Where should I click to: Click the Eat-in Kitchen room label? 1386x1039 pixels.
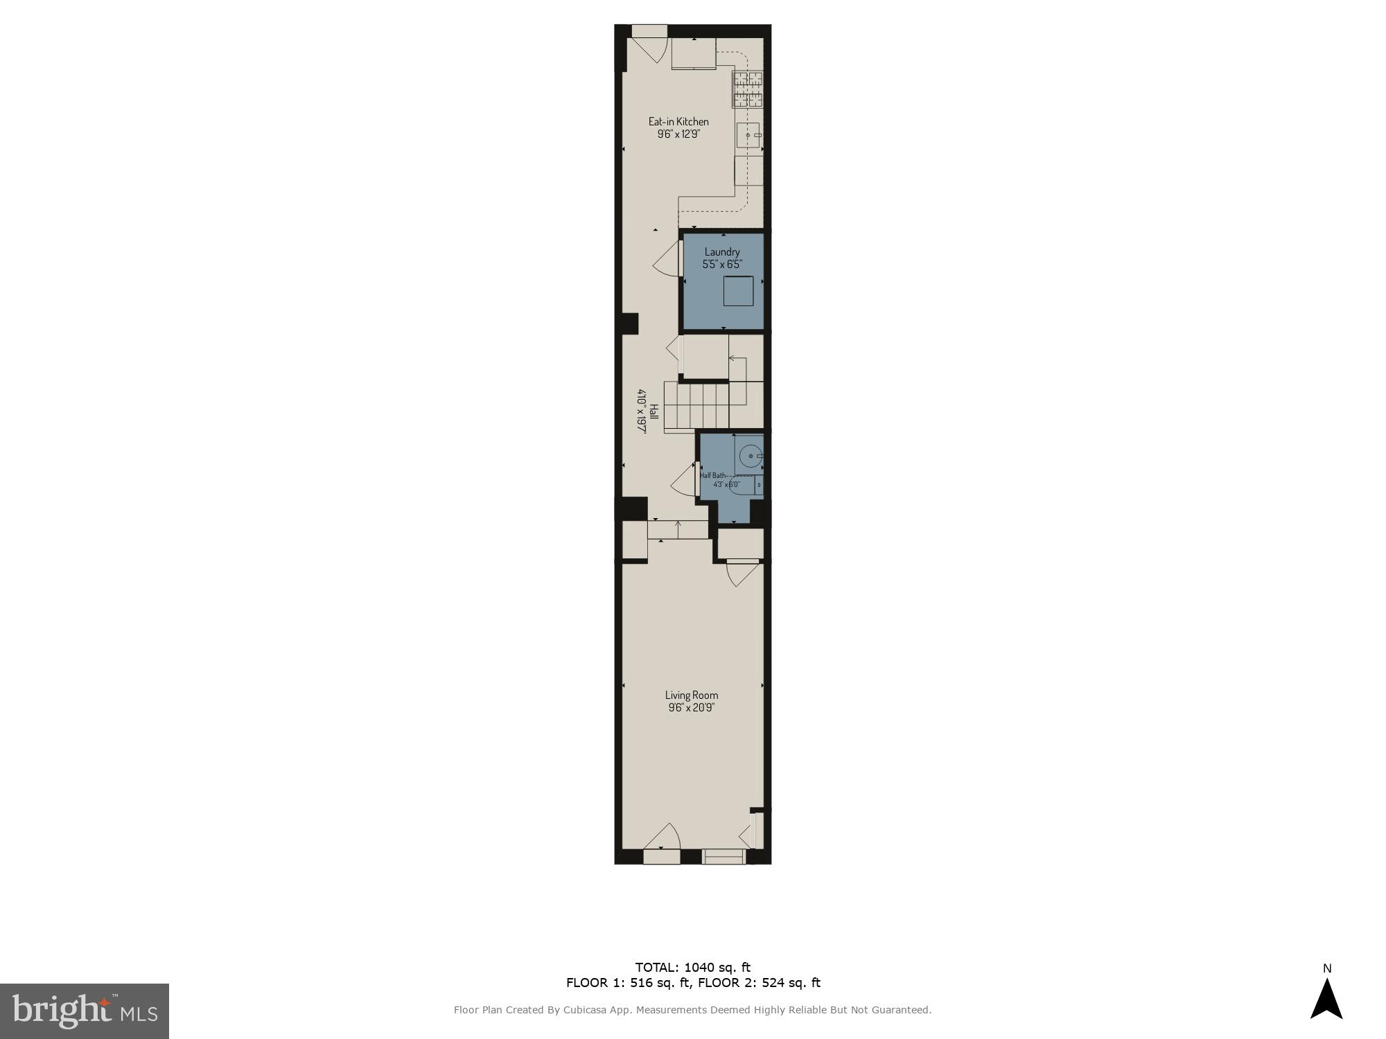coord(678,122)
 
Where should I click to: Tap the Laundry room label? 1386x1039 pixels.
coord(722,252)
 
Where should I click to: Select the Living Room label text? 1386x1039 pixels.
coord(692,695)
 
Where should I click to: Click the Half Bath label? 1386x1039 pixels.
coord(713,476)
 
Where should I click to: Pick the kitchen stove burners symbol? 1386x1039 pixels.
coord(748,89)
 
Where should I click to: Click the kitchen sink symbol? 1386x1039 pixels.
coord(748,136)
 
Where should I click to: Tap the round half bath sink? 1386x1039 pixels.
coord(751,456)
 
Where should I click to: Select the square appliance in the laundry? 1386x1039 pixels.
coord(738,291)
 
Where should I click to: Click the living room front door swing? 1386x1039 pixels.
coord(663,837)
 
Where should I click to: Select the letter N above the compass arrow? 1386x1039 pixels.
coord(1327,968)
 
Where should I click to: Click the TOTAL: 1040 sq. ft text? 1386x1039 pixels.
coord(692,968)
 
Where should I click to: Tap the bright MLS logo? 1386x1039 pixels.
coord(85,1011)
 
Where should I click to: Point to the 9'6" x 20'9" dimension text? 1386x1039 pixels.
coord(691,708)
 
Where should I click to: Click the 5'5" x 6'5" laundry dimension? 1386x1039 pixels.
coord(722,265)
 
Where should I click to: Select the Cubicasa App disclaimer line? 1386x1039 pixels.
coord(692,1010)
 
